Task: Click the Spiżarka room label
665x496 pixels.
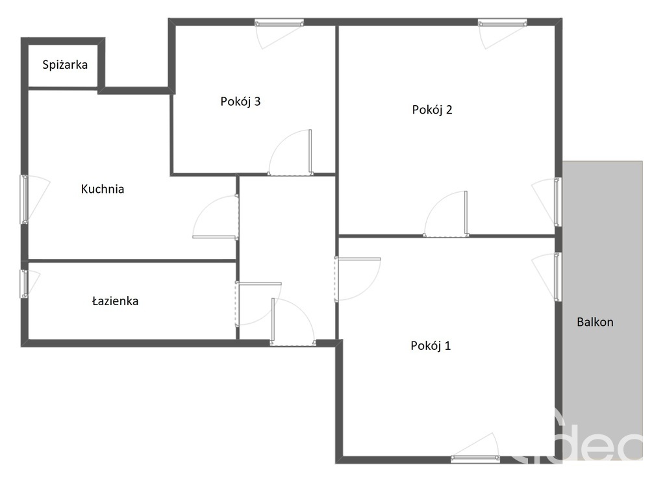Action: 65,65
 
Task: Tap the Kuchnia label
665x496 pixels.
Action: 103,190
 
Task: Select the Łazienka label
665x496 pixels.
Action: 115,301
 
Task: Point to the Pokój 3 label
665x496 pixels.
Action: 240,101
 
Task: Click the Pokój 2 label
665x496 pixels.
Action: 432,110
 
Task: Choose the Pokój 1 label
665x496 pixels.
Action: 431,346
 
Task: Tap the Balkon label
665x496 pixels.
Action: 595,322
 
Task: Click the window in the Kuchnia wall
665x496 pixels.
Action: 24,199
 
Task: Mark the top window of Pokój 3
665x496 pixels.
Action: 279,23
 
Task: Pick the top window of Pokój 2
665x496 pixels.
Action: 501,23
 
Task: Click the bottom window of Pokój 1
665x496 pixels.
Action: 475,459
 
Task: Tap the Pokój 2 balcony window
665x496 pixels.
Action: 557,202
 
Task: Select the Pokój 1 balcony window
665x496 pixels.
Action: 557,277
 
